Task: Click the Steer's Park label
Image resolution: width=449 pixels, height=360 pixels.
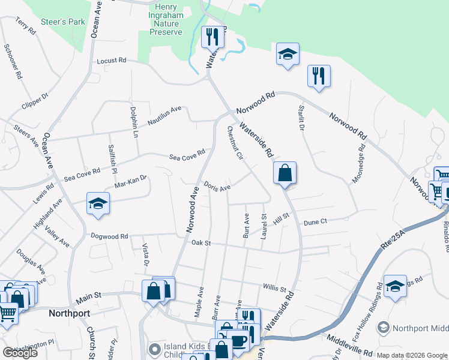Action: (x=63, y=22)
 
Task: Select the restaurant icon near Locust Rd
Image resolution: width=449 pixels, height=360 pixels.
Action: (x=212, y=38)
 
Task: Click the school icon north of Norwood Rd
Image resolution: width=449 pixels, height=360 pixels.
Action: (x=288, y=55)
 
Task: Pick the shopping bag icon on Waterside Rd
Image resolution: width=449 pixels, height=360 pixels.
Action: (x=285, y=173)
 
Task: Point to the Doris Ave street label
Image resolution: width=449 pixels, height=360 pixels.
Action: (x=217, y=187)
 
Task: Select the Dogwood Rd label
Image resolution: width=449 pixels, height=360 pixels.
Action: (x=109, y=236)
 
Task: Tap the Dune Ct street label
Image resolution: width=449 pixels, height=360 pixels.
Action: (x=315, y=222)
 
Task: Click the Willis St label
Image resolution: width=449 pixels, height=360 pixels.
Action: (x=275, y=288)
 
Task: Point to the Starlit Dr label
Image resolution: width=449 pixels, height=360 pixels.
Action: (x=301, y=119)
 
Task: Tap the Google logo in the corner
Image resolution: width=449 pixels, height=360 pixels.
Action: (x=19, y=353)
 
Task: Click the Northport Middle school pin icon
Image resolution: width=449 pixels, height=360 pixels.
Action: (x=383, y=328)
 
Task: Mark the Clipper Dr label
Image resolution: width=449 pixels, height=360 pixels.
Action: (x=35, y=101)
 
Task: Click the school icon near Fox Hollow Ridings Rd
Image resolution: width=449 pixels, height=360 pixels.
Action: (x=395, y=287)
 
